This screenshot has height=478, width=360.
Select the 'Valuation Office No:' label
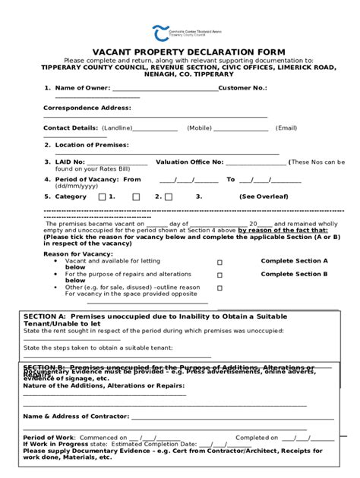(x=190, y=162)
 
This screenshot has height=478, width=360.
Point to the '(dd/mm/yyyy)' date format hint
(x=76, y=186)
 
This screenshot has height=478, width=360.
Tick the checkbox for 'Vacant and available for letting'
(x=219, y=263)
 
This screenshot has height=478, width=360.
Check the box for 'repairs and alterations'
(x=219, y=275)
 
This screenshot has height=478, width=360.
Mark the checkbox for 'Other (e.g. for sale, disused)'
(x=219, y=288)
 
